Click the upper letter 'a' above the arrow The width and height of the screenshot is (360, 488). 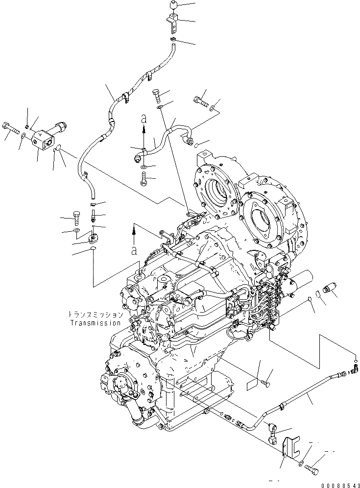click(144, 119)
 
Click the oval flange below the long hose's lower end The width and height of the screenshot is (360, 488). click(93, 240)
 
